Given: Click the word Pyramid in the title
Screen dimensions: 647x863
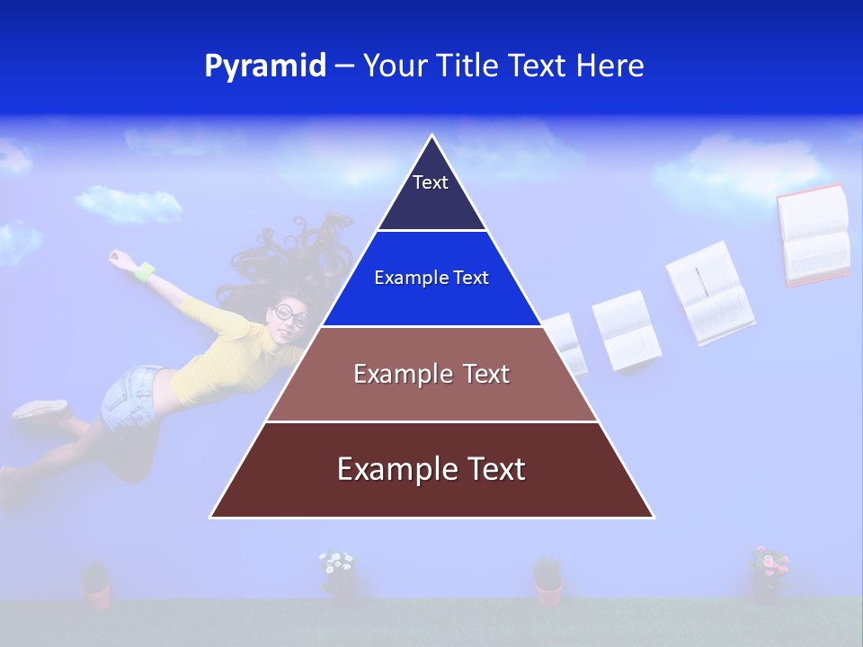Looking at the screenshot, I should coord(265,66).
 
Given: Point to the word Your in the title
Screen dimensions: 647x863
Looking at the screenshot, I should coord(396,66).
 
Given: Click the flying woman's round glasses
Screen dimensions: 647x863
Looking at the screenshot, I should coord(290,315).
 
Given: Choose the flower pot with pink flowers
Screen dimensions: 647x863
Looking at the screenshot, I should coord(769,573).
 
